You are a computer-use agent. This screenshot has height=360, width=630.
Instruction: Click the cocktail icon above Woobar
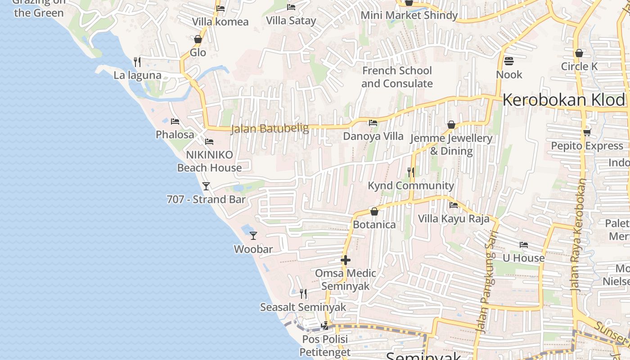pyautogui.click(x=253, y=235)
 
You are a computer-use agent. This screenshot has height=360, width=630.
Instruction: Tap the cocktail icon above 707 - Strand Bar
pyautogui.click(x=206, y=186)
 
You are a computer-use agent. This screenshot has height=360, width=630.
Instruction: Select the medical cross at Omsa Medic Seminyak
pyautogui.click(x=346, y=260)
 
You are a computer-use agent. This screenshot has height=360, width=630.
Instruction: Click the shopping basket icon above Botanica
pyautogui.click(x=374, y=211)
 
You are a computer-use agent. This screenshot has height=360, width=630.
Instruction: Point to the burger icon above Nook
pyautogui.click(x=509, y=61)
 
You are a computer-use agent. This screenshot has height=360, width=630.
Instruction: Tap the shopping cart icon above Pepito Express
pyautogui.click(x=587, y=132)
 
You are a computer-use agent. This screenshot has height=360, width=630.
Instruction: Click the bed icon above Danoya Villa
pyautogui.click(x=373, y=122)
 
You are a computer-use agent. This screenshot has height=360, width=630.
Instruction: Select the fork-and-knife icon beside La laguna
pyautogui.click(x=137, y=62)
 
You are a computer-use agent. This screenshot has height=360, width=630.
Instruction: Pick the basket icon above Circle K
pyautogui.click(x=579, y=53)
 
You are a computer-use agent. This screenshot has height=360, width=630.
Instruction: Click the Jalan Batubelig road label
pyautogui.click(x=270, y=129)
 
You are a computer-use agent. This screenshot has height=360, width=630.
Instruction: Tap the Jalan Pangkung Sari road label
pyautogui.click(x=487, y=281)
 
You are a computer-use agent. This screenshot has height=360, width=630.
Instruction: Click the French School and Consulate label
pyautogui.click(x=397, y=77)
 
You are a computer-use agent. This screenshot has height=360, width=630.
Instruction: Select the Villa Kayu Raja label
pyautogui.click(x=454, y=219)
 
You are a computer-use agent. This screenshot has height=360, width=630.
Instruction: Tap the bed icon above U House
pyautogui.click(x=524, y=245)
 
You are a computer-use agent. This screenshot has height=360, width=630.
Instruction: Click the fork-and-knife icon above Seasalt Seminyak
pyautogui.click(x=303, y=294)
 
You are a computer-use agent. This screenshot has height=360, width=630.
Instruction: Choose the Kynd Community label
pyautogui.click(x=411, y=185)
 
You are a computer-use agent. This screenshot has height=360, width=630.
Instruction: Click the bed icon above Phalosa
pyautogui.click(x=175, y=121)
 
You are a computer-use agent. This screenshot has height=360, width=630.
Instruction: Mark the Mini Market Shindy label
pyautogui.click(x=409, y=15)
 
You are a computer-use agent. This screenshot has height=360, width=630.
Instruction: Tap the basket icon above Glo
pyautogui.click(x=198, y=39)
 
